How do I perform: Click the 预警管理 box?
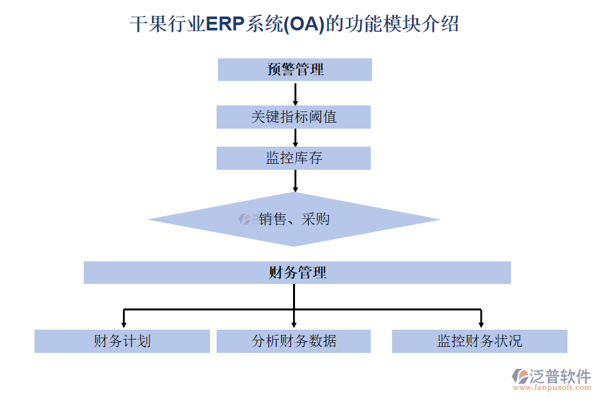point(294,70)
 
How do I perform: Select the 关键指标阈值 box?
point(294,117)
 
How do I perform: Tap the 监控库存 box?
point(294,158)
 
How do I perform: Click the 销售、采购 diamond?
point(294,220)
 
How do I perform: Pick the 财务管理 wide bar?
point(297,273)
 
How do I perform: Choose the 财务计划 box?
point(122,341)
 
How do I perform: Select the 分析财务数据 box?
point(294,341)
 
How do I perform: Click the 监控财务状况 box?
point(479,341)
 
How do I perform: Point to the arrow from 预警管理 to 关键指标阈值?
point(295,94)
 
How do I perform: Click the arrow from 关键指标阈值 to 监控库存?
point(295,138)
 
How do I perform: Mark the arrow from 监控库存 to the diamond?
point(295,180)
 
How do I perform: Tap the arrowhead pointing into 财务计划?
point(123,324)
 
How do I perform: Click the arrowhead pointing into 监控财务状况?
point(480,324)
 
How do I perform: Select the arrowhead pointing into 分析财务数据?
point(294,324)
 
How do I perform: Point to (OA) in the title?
point(305,25)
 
